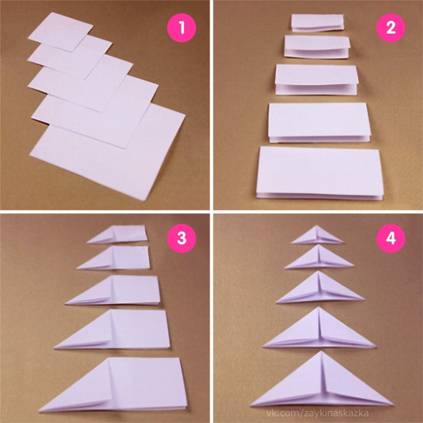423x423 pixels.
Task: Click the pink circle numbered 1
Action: tap(181, 28)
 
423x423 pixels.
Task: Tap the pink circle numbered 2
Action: tap(391, 28)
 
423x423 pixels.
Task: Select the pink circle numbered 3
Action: tap(181, 238)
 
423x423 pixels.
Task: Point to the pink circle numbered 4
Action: tap(391, 238)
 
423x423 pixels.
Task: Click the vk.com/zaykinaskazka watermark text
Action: tap(318, 413)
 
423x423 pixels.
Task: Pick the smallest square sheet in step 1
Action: tap(61, 32)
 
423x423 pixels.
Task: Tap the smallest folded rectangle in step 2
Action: tap(318, 23)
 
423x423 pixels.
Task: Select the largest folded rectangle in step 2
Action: tap(319, 173)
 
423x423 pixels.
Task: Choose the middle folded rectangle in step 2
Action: tap(317, 79)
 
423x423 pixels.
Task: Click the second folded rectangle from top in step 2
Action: tap(317, 47)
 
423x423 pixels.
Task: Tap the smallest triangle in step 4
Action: tap(318, 236)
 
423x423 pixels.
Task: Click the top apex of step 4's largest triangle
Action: tap(321, 351)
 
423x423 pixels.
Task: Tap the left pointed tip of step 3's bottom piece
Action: tap(39, 411)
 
